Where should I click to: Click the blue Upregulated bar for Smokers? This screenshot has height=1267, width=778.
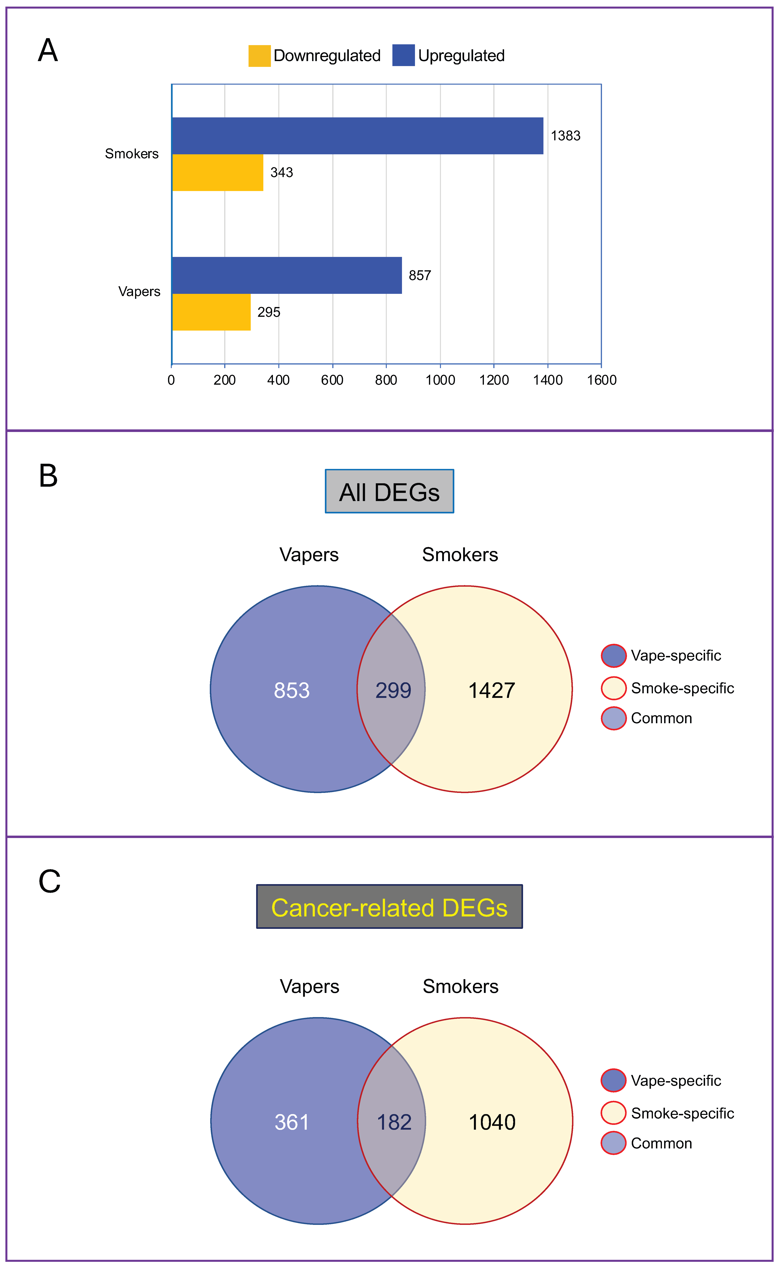tap(357, 136)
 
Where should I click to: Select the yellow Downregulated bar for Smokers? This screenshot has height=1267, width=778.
tap(218, 173)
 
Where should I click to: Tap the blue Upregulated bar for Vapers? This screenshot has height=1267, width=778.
tap(287, 276)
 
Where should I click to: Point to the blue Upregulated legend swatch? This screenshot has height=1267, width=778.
tap(403, 55)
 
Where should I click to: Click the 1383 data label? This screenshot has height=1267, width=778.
tap(565, 136)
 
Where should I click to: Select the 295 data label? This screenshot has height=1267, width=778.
tap(269, 312)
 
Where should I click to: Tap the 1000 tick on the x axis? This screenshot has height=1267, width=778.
tap(440, 380)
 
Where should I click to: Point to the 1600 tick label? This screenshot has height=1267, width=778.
tap(602, 380)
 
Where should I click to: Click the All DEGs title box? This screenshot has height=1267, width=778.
tap(389, 491)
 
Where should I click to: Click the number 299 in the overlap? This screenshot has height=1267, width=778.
tap(393, 690)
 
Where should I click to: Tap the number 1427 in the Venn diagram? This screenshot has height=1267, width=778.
tap(491, 690)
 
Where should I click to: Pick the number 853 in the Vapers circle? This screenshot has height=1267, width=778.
tap(292, 690)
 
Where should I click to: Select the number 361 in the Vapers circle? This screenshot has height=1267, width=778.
tap(292, 1122)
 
